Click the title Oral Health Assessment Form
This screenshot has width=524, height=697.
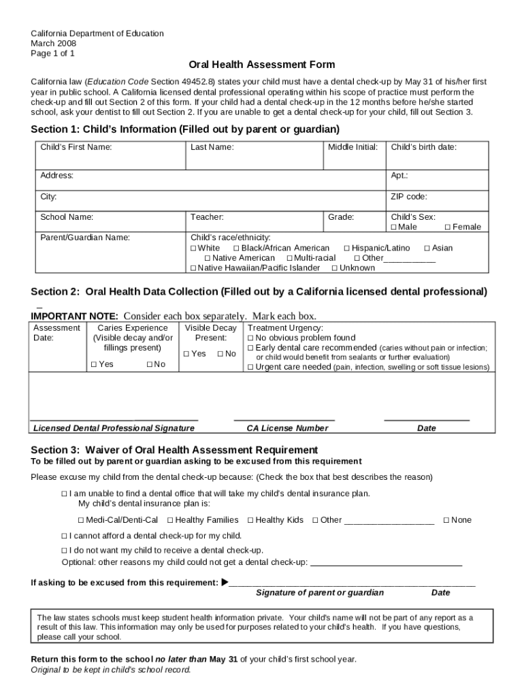coord(261,65)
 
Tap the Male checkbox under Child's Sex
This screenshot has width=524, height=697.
coord(393,227)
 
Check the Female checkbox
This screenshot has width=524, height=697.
coord(448,227)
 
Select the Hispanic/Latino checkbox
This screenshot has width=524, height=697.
coord(347,248)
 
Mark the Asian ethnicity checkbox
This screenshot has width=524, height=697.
coord(427,248)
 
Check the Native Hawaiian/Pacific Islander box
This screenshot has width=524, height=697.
coord(193,268)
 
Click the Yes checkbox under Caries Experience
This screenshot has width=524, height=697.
coord(94,365)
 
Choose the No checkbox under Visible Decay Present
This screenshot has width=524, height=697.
coord(220,354)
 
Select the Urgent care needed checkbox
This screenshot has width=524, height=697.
coord(250,367)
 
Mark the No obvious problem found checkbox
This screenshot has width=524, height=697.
coord(250,338)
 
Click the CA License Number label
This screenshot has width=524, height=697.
coord(286,428)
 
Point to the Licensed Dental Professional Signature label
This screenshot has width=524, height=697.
coord(114,428)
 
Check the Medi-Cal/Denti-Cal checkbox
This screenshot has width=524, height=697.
coord(81,520)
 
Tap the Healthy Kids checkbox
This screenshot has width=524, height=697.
coord(250,520)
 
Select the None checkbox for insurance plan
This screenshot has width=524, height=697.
coord(446,520)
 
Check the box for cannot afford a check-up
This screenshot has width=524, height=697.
coord(65,536)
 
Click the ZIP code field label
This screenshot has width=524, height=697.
coord(408,197)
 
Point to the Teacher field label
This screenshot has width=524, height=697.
coord(207,217)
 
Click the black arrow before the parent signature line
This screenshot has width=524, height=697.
coord(225,583)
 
